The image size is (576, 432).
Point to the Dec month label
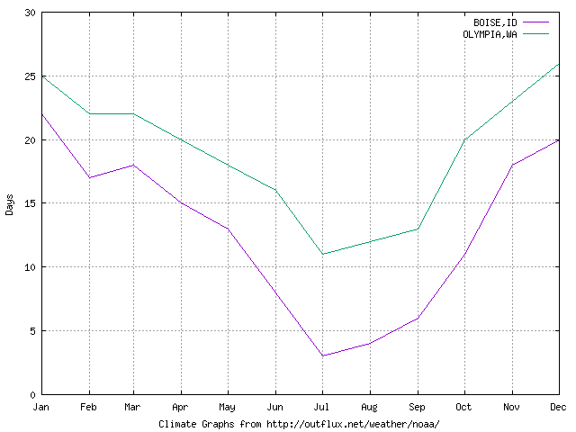(x=558, y=408)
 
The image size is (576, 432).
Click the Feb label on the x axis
(x=89, y=408)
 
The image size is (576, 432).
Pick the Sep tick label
(x=418, y=408)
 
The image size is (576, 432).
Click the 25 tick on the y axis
(x=31, y=76)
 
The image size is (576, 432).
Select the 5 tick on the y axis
(x=33, y=330)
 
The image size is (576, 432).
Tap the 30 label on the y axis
(x=31, y=13)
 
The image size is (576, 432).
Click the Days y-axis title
(x=10, y=203)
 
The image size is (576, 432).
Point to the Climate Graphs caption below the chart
(x=299, y=423)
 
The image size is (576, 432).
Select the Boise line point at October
(x=464, y=254)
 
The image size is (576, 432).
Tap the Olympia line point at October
(x=464, y=139)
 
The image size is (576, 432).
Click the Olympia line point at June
(x=276, y=191)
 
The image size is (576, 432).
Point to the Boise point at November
(x=511, y=165)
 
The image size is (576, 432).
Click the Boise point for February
(x=89, y=177)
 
